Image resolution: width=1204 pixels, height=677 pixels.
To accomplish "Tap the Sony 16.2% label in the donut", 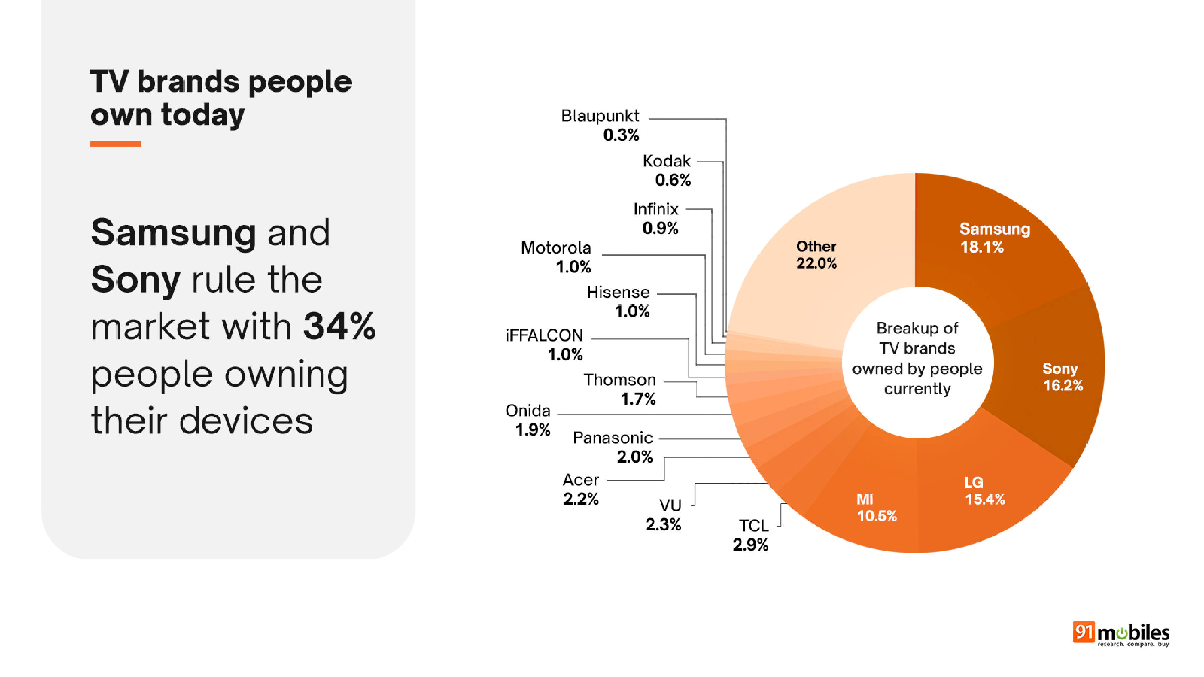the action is pos(1062,376).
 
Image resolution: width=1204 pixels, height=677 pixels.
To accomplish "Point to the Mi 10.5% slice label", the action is pos(876,507).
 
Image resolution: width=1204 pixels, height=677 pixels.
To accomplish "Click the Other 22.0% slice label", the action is pos(816,255).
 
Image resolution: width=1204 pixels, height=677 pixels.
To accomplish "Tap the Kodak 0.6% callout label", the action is pos(667,170).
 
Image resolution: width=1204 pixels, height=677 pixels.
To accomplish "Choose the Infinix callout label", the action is pos(656,218).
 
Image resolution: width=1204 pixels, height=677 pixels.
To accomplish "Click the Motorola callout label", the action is pos(556,257).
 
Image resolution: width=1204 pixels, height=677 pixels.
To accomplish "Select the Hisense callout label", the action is pos(618,301).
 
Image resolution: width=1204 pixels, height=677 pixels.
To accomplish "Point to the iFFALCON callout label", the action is pos(544,345).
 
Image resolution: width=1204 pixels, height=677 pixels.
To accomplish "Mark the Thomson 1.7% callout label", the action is pos(620,389).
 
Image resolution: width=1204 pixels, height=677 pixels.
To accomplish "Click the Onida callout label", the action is pos(528,420).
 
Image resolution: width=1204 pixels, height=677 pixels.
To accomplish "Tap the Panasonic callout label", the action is pos(613,447).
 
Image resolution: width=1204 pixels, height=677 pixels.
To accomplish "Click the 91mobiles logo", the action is pos(1121,634).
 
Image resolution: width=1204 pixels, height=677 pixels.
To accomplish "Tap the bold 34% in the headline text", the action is pos(339,326).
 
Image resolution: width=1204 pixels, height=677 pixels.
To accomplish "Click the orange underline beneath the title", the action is pos(115,144).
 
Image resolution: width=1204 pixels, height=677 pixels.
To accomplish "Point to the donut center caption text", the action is pos(917,358).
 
